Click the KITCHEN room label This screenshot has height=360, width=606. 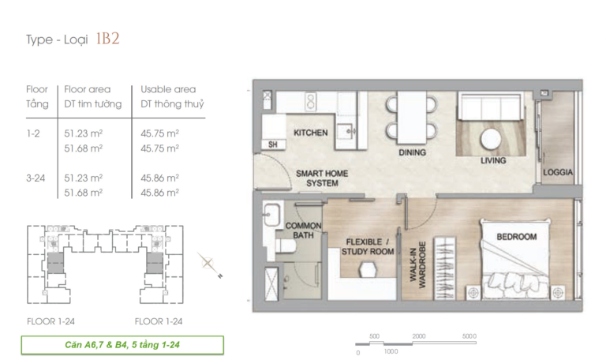click(x=310, y=133)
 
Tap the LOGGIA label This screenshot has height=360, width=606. click(x=557, y=172)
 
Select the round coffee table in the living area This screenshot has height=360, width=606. click(x=491, y=139)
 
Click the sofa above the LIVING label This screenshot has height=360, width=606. click(x=491, y=106)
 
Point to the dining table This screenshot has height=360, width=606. click(x=412, y=118)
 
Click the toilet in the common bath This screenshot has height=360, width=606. click(x=285, y=246)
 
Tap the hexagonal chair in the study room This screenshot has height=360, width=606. click(x=368, y=270)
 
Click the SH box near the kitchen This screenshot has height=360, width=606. click(x=273, y=144)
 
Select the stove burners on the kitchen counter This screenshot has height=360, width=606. click(x=310, y=102)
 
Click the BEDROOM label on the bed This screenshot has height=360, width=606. click(x=516, y=237)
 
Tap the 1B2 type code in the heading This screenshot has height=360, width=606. click(x=107, y=39)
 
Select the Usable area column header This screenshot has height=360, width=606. click(x=168, y=89)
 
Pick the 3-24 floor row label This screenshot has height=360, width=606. click(x=36, y=178)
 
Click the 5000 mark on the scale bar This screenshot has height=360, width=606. click(x=469, y=336)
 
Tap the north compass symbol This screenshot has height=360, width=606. click(x=209, y=265)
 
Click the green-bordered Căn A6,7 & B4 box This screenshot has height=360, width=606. click(x=122, y=345)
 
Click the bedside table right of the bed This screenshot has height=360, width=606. click(x=557, y=293)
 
